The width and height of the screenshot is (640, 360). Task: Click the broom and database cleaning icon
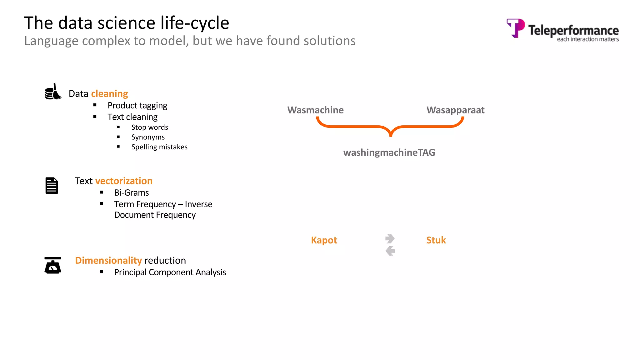click(53, 92)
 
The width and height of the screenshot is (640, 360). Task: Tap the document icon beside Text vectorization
click(52, 186)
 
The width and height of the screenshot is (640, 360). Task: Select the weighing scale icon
click(52, 265)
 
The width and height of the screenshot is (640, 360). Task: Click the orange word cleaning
click(109, 94)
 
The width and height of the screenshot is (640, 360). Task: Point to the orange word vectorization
click(124, 181)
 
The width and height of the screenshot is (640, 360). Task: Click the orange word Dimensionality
click(108, 260)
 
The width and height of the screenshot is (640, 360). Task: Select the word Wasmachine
click(315, 110)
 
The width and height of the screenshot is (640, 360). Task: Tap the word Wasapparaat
click(455, 110)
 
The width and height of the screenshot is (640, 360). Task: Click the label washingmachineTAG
click(389, 152)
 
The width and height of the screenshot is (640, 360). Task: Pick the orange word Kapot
click(324, 240)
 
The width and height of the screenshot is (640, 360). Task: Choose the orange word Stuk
click(436, 240)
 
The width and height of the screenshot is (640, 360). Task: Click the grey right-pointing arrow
click(390, 238)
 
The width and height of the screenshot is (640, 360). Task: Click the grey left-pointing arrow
click(390, 251)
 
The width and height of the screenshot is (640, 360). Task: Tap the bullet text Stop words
click(149, 127)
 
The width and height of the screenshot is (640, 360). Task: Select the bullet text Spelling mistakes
click(159, 147)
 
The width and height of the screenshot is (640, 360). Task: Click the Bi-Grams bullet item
click(131, 193)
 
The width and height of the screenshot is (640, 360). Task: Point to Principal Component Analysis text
click(170, 272)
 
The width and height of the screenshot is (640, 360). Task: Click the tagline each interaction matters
click(587, 39)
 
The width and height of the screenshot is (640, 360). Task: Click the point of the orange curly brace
click(391, 135)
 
